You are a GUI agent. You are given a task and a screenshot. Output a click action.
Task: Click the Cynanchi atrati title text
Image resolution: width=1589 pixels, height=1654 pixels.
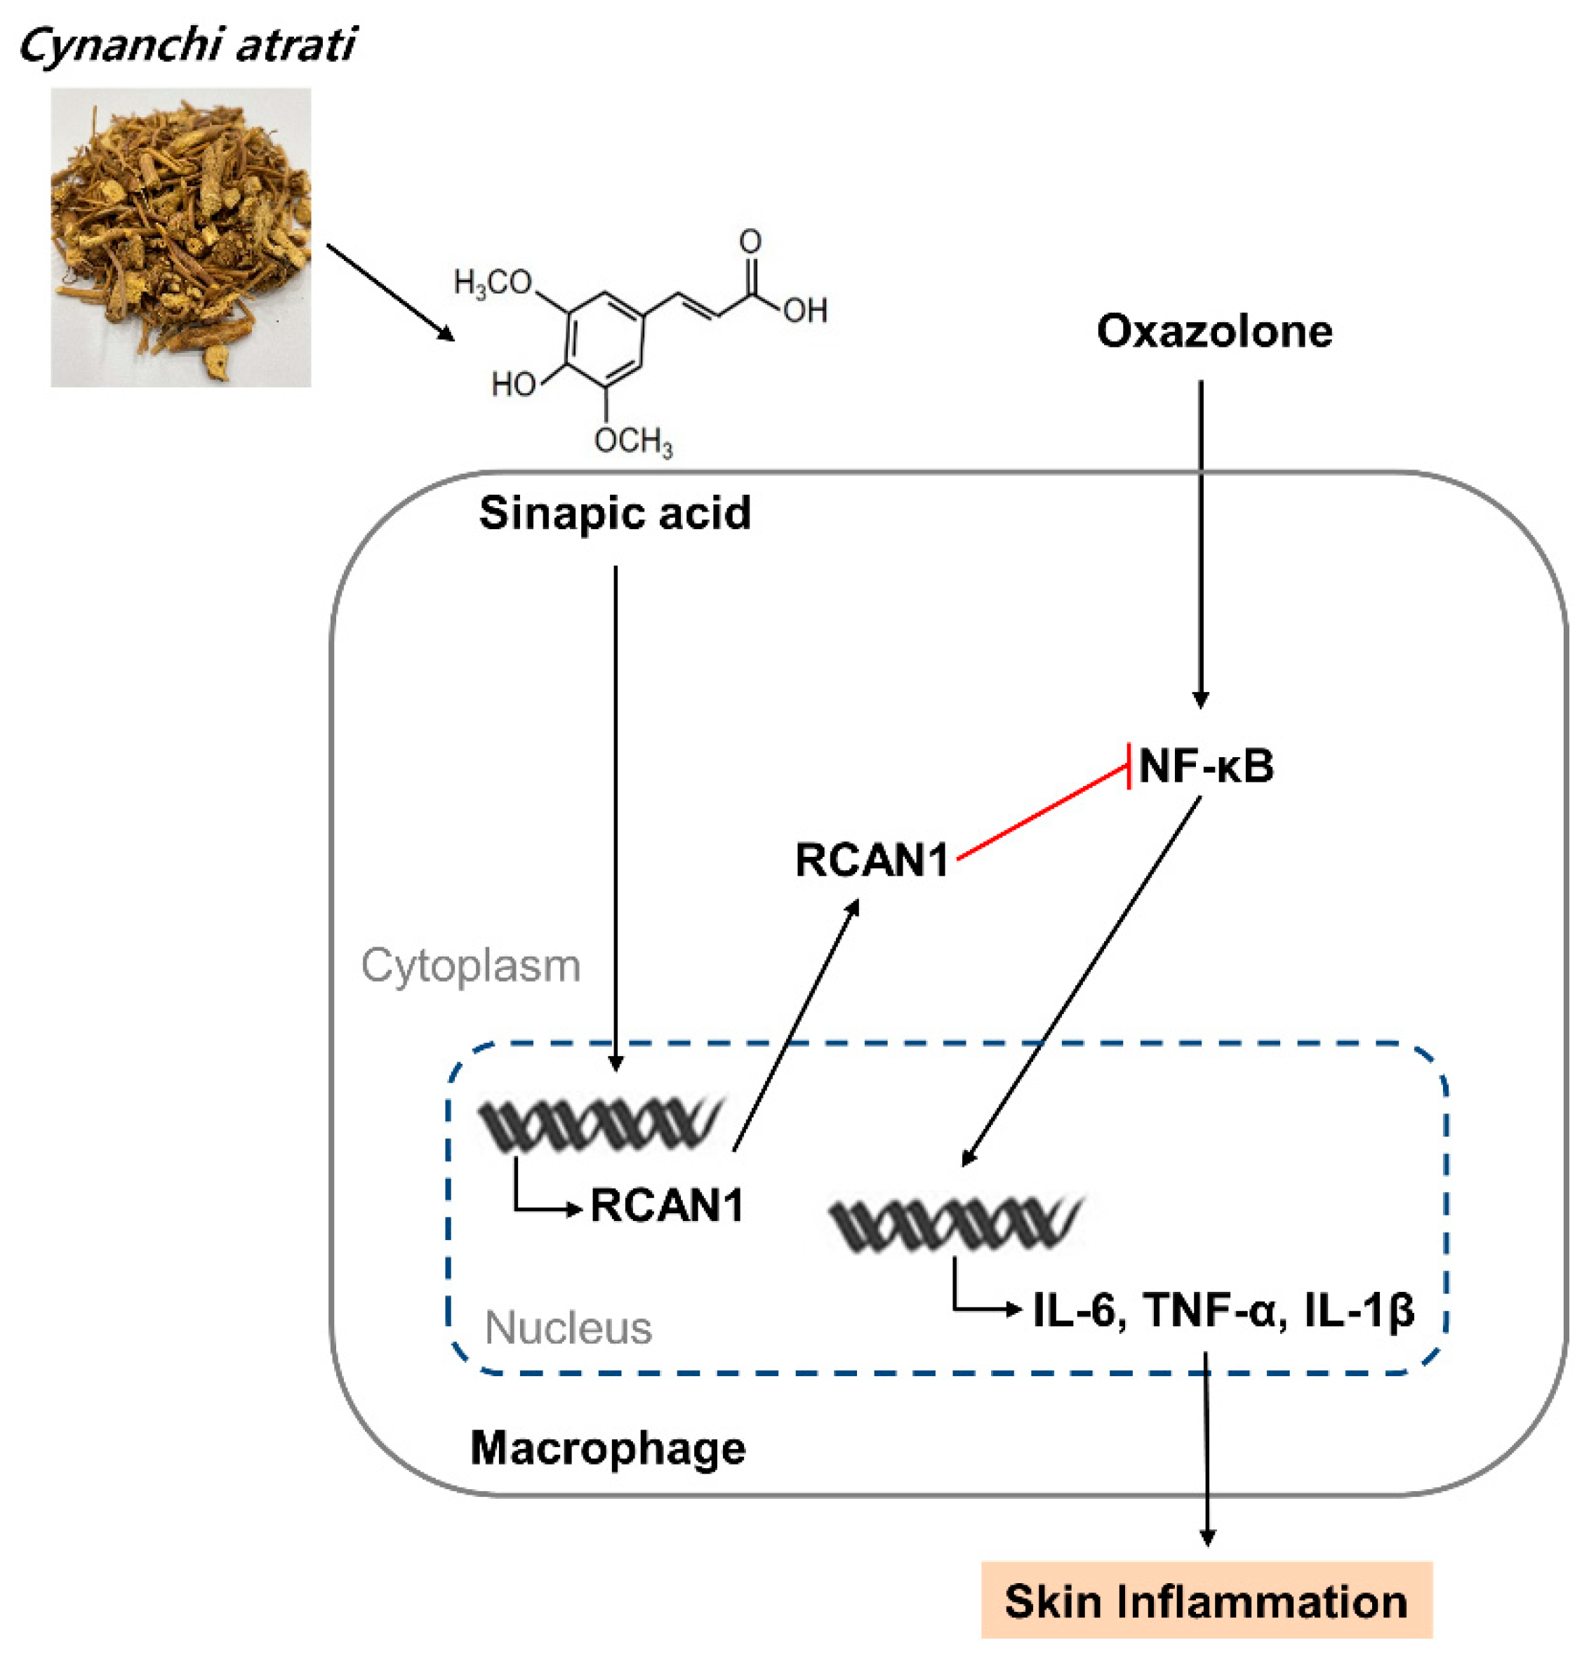187,45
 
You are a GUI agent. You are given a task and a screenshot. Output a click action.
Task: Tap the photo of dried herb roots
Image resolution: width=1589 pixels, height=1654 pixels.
180,237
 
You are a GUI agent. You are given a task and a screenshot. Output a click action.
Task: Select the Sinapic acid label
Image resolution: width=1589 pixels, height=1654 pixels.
614,513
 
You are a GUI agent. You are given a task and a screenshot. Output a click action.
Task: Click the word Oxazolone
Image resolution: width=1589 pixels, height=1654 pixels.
1214,331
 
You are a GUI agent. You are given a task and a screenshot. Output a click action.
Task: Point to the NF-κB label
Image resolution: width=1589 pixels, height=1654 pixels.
1205,766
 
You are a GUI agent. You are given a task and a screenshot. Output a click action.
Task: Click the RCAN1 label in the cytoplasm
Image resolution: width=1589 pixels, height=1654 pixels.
872,861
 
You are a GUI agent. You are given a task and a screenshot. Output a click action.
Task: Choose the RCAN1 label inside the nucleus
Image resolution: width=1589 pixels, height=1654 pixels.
667,1205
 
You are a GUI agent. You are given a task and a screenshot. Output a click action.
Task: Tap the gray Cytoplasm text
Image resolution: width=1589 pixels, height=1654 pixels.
471,966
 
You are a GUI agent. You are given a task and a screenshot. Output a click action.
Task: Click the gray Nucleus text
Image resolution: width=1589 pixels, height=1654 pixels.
568,1328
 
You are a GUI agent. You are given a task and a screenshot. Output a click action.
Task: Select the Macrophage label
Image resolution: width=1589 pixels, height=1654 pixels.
608,1448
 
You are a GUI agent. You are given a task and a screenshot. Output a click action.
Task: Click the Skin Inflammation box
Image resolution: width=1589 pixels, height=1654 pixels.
1206,1601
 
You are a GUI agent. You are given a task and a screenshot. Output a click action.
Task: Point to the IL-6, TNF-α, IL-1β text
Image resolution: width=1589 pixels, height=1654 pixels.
1223,1311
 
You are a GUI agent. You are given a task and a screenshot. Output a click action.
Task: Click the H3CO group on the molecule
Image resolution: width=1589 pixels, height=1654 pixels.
493,283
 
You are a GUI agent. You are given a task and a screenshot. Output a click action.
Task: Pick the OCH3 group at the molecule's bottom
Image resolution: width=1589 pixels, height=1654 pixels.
633,441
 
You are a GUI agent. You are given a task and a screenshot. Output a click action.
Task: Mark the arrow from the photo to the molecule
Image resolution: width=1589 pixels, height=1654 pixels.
390,292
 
